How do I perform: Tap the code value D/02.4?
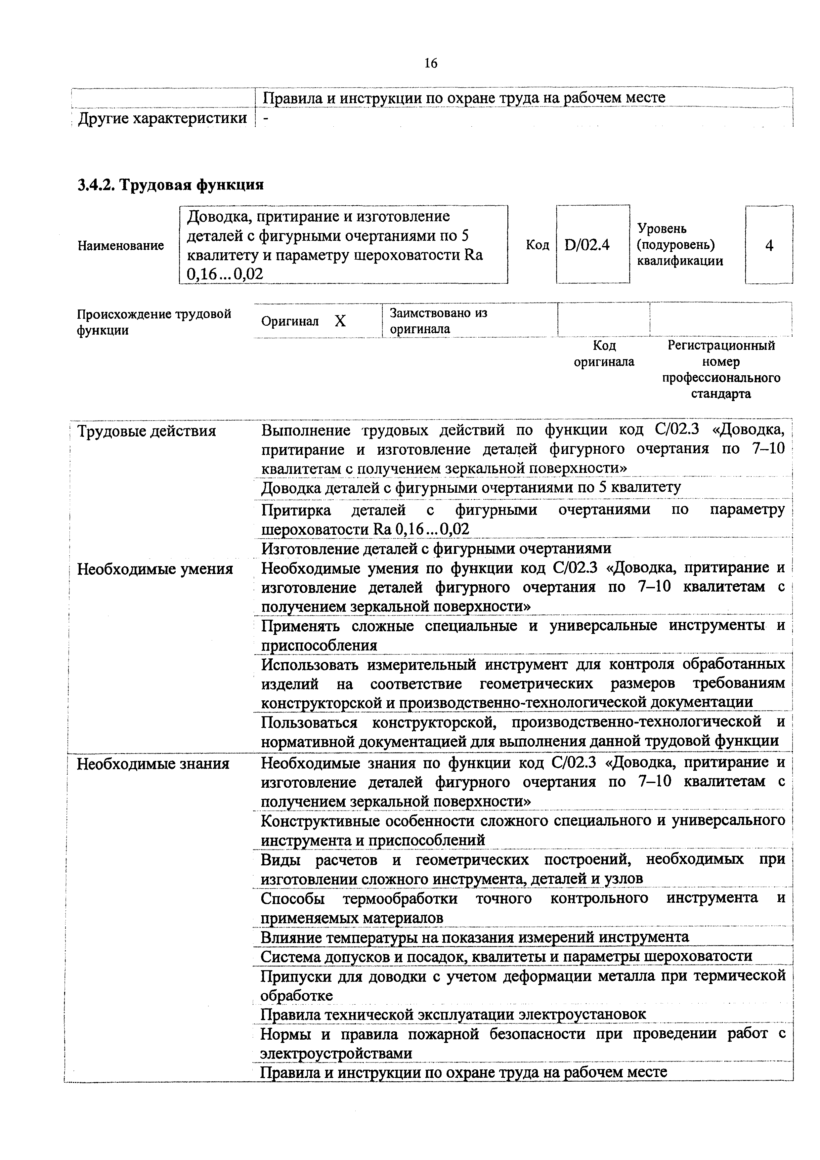pos(587,245)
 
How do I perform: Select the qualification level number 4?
pos(769,246)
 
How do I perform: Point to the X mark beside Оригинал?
pos(340,321)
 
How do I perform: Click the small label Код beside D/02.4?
pos(537,245)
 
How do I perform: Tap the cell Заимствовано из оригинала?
pos(438,321)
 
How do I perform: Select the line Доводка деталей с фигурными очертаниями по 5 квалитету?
pos(471,487)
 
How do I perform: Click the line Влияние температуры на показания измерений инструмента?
pos(474,937)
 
